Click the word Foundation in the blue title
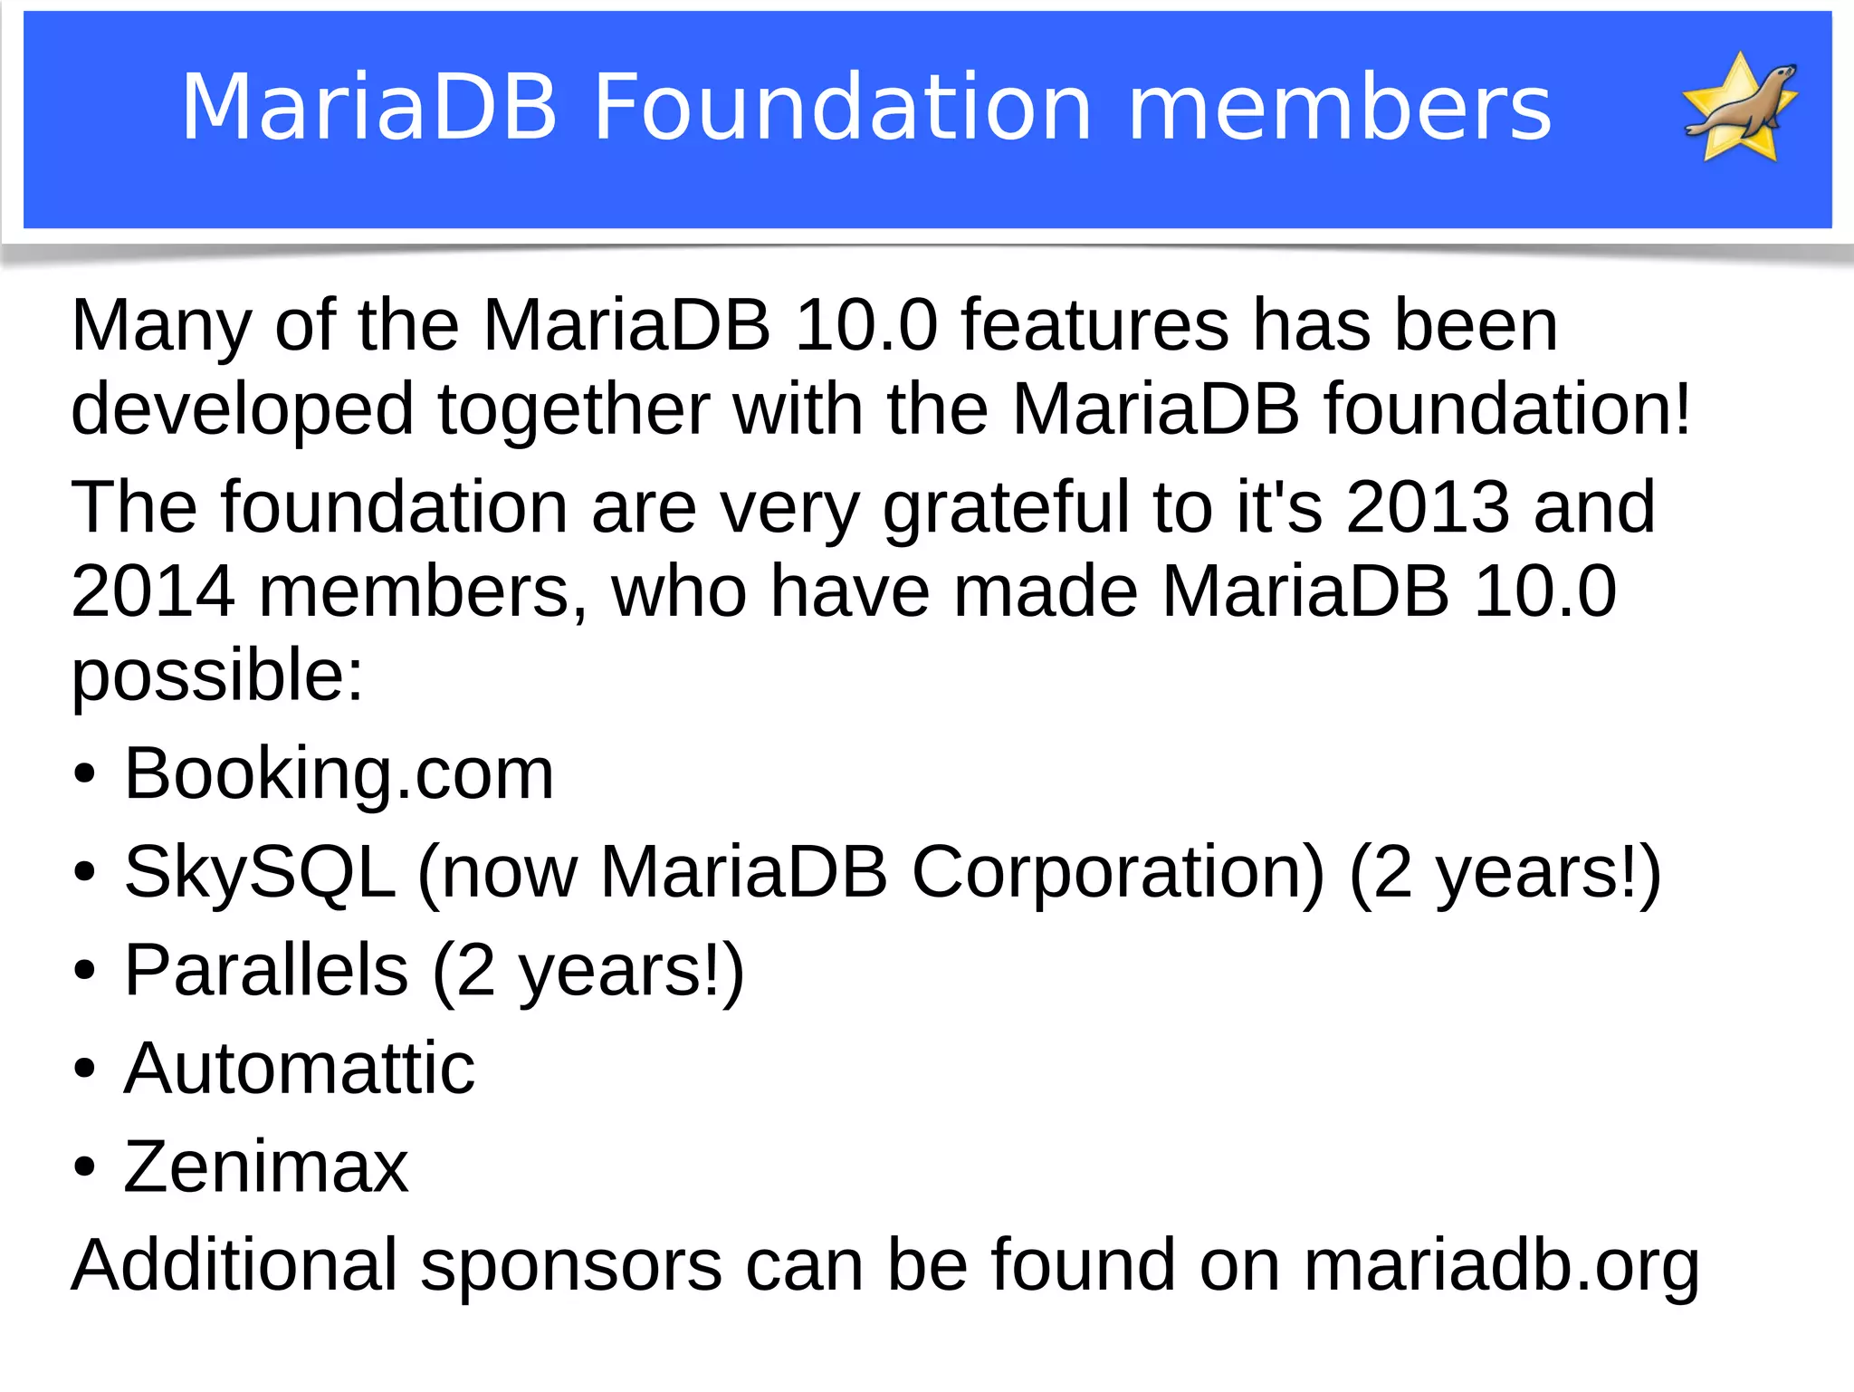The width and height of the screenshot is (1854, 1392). tap(843, 108)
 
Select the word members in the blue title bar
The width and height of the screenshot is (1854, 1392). tap(1340, 108)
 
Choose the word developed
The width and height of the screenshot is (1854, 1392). tap(243, 410)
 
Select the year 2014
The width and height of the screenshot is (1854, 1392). tap(153, 590)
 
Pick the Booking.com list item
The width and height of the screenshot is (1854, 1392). tap(339, 774)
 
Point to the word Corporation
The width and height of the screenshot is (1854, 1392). tap(1118, 872)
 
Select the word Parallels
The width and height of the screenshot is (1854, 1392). tap(266, 970)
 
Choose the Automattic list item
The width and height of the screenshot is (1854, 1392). tap(299, 1069)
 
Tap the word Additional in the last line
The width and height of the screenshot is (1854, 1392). tap(234, 1264)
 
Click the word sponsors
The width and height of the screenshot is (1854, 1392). tap(571, 1266)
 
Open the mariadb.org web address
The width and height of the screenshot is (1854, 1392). tap(1501, 1264)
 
